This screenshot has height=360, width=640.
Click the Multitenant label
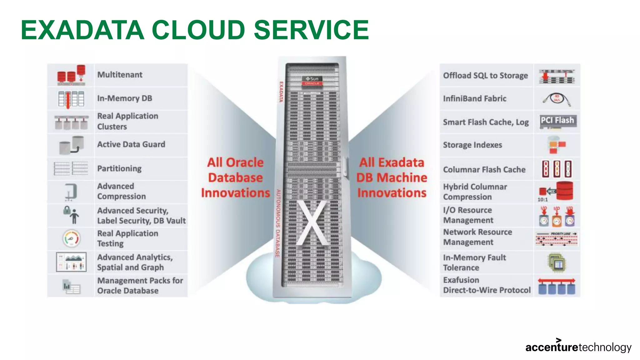point(120,75)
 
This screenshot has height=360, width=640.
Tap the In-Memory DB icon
point(71,99)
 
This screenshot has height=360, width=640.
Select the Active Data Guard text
point(131,144)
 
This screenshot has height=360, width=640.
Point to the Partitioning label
point(119,168)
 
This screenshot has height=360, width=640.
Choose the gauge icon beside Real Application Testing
point(72,239)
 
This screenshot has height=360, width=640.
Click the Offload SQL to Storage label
point(485,76)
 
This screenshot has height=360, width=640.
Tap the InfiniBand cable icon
point(557,99)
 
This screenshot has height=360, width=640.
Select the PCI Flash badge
point(557,121)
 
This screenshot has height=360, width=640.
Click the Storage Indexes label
point(472,145)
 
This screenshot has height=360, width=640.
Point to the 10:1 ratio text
point(542,199)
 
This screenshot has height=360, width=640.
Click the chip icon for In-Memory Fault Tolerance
point(557,262)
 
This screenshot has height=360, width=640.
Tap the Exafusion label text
point(461,280)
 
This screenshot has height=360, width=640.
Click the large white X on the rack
point(311,222)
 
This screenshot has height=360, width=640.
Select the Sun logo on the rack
point(312,79)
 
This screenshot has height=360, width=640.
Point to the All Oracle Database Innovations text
point(235,177)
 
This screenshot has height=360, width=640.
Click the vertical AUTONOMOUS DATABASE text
point(278,223)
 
